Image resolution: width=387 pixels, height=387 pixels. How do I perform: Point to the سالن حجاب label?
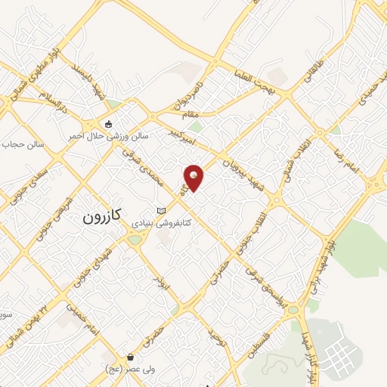click(23, 144)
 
